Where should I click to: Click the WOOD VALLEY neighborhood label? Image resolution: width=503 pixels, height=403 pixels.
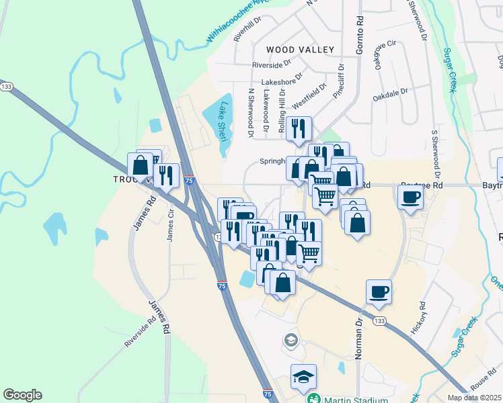[x=300, y=50]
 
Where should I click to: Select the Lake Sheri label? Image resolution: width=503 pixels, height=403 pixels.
[x=224, y=121]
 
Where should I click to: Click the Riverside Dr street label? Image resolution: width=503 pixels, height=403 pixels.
[x=271, y=65]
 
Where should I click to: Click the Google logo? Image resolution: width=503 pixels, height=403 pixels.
[x=22, y=395]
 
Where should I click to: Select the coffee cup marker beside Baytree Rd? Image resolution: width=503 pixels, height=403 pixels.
[x=410, y=197]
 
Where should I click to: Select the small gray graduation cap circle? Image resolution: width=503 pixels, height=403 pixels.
[x=291, y=339]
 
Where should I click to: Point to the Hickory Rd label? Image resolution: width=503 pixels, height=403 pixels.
[x=420, y=318]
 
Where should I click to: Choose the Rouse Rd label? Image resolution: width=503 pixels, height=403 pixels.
[x=483, y=381]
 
